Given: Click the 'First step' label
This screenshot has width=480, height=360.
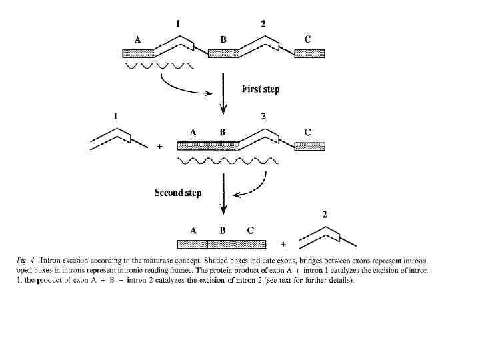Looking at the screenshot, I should click(260, 89).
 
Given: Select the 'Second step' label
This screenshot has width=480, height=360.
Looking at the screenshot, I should click(178, 193).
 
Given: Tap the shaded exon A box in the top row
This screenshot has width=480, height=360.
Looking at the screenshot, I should click(139, 53).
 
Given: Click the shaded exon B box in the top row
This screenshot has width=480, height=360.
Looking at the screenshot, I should click(223, 53).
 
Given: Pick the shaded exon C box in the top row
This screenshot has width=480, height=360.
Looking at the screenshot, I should click(309, 53).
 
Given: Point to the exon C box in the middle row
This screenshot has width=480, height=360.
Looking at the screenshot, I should click(309, 146).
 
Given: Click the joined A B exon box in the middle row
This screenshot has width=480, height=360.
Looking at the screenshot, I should click(207, 146).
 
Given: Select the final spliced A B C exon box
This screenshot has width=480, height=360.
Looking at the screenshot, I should click(221, 244).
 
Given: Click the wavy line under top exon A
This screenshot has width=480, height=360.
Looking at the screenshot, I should click(159, 66).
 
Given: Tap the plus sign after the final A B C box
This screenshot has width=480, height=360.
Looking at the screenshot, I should click(283, 244).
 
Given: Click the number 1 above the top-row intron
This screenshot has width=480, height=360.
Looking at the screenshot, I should click(178, 24).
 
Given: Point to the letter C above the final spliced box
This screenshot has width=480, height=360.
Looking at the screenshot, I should click(250, 231).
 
